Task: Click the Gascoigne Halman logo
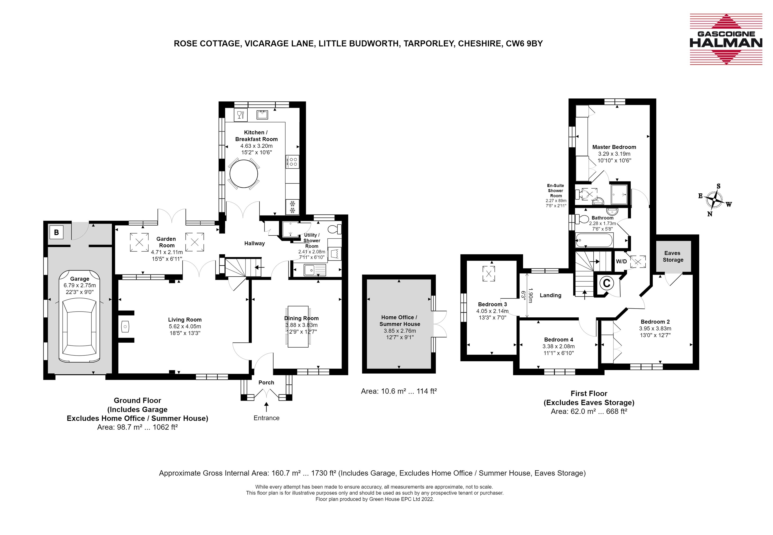click(x=726, y=39)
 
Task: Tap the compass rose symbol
click(x=714, y=200)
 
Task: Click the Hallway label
click(x=254, y=243)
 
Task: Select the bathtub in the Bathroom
click(x=594, y=240)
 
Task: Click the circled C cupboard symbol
click(x=607, y=283)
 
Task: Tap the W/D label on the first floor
click(x=621, y=261)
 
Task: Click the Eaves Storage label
click(x=673, y=256)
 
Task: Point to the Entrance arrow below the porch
click(x=267, y=407)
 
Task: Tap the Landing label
click(x=550, y=295)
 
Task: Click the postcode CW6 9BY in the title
click(x=524, y=44)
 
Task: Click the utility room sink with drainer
click(x=314, y=270)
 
